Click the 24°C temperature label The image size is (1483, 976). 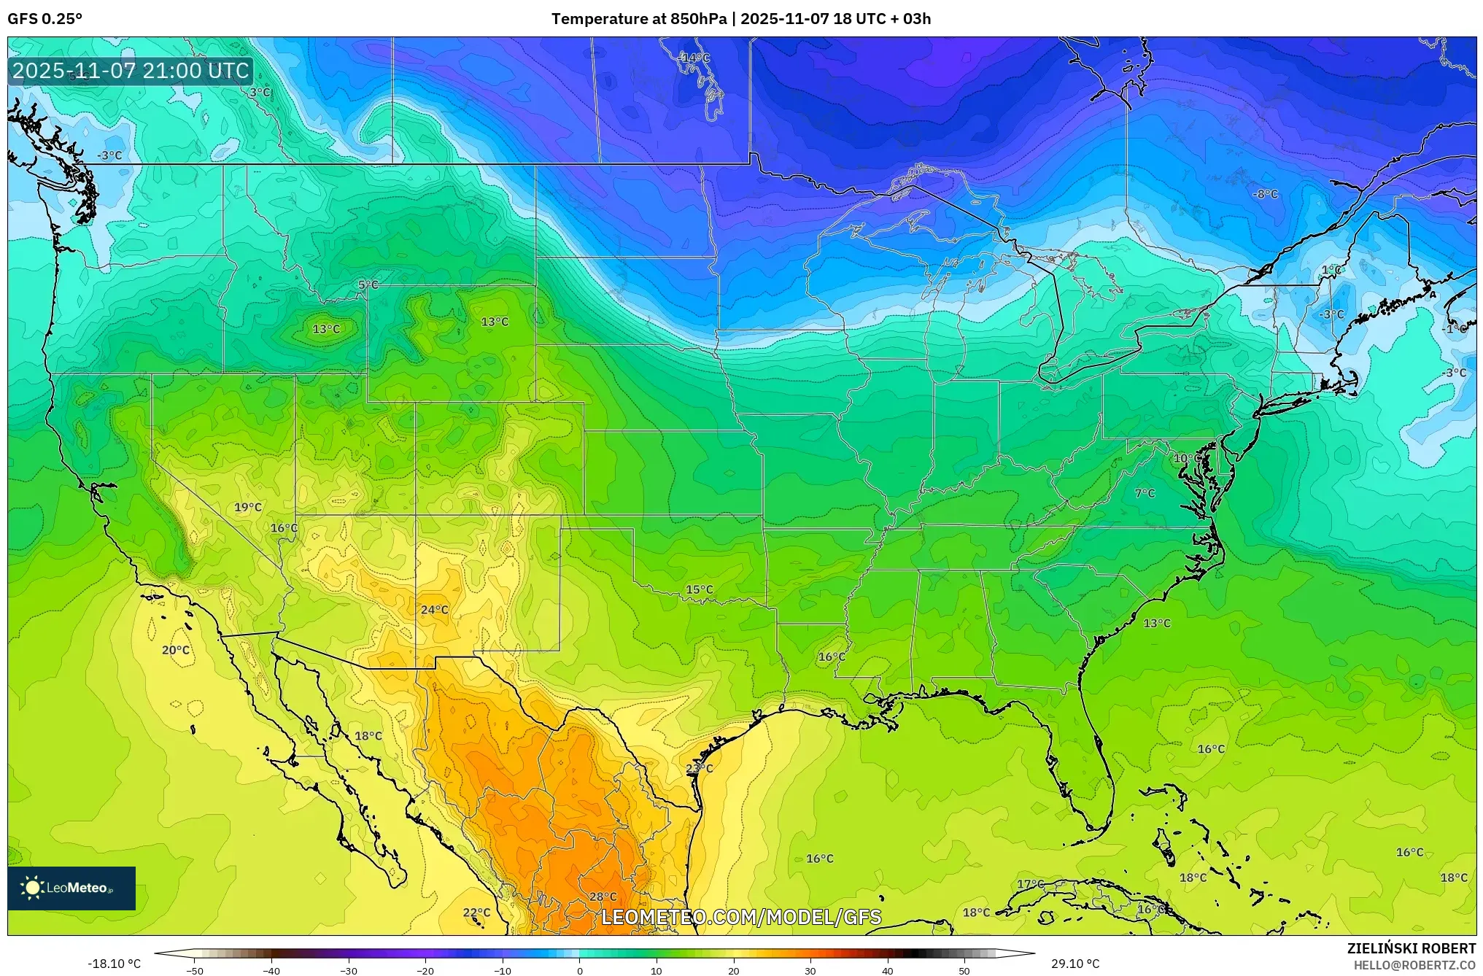(435, 610)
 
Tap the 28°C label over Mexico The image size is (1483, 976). (603, 896)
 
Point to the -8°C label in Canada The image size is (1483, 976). (1266, 194)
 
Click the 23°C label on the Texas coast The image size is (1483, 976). (700, 768)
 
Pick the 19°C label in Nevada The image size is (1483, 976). (248, 507)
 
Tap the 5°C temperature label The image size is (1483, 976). (368, 284)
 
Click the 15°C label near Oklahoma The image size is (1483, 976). (700, 589)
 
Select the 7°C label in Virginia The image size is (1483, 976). (1145, 493)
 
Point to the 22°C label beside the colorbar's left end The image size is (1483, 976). (477, 912)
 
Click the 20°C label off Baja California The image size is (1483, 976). (176, 650)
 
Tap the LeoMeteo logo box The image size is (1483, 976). (71, 888)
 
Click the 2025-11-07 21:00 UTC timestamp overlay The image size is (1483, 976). (131, 71)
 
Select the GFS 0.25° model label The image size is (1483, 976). (45, 19)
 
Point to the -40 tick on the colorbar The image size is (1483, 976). (271, 971)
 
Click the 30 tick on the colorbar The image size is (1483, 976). (810, 971)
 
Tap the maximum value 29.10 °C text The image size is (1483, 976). (1075, 964)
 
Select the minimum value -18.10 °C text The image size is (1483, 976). (115, 964)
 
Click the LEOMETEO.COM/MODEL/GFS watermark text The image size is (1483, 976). (741, 917)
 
